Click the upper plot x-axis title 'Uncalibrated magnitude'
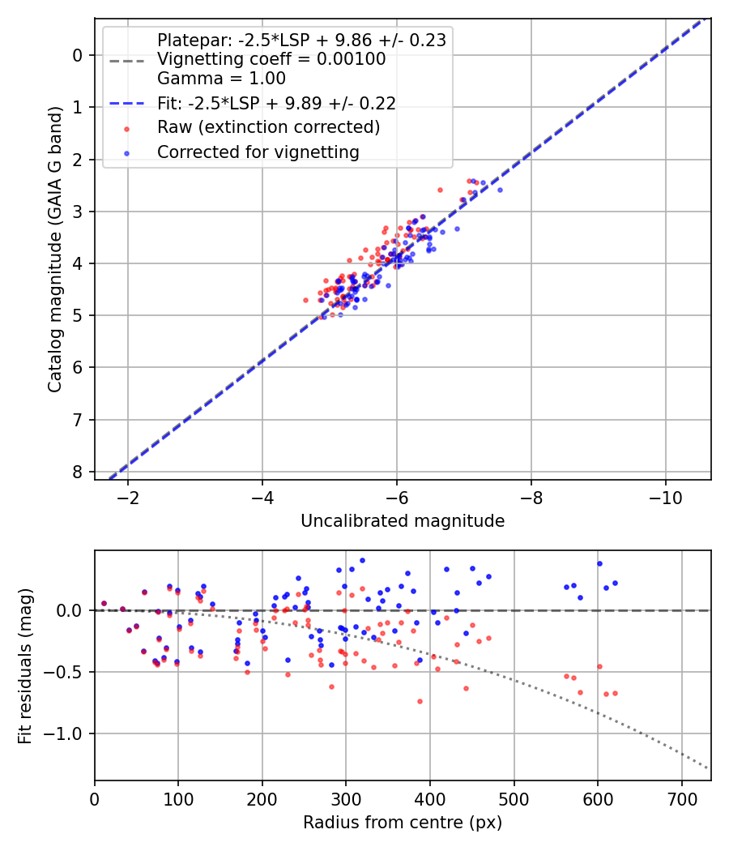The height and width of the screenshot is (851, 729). pos(403,521)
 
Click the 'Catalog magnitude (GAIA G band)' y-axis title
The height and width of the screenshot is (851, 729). pos(54,248)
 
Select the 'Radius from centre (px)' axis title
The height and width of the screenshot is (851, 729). pos(403,823)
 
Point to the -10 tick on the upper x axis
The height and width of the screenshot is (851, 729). pos(665,496)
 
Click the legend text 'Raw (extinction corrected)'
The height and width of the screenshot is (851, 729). pos(268,127)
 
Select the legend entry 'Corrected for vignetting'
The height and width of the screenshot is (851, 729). pos(258,152)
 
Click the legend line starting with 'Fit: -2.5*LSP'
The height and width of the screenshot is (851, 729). pos(276,103)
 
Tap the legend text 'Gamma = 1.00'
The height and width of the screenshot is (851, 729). pos(221,79)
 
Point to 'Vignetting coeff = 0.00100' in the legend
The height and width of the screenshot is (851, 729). pos(271,59)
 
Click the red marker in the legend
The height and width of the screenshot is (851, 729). pos(126,128)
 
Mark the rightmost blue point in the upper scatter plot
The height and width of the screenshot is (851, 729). pos(500,190)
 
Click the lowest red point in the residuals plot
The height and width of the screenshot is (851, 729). pos(420,701)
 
